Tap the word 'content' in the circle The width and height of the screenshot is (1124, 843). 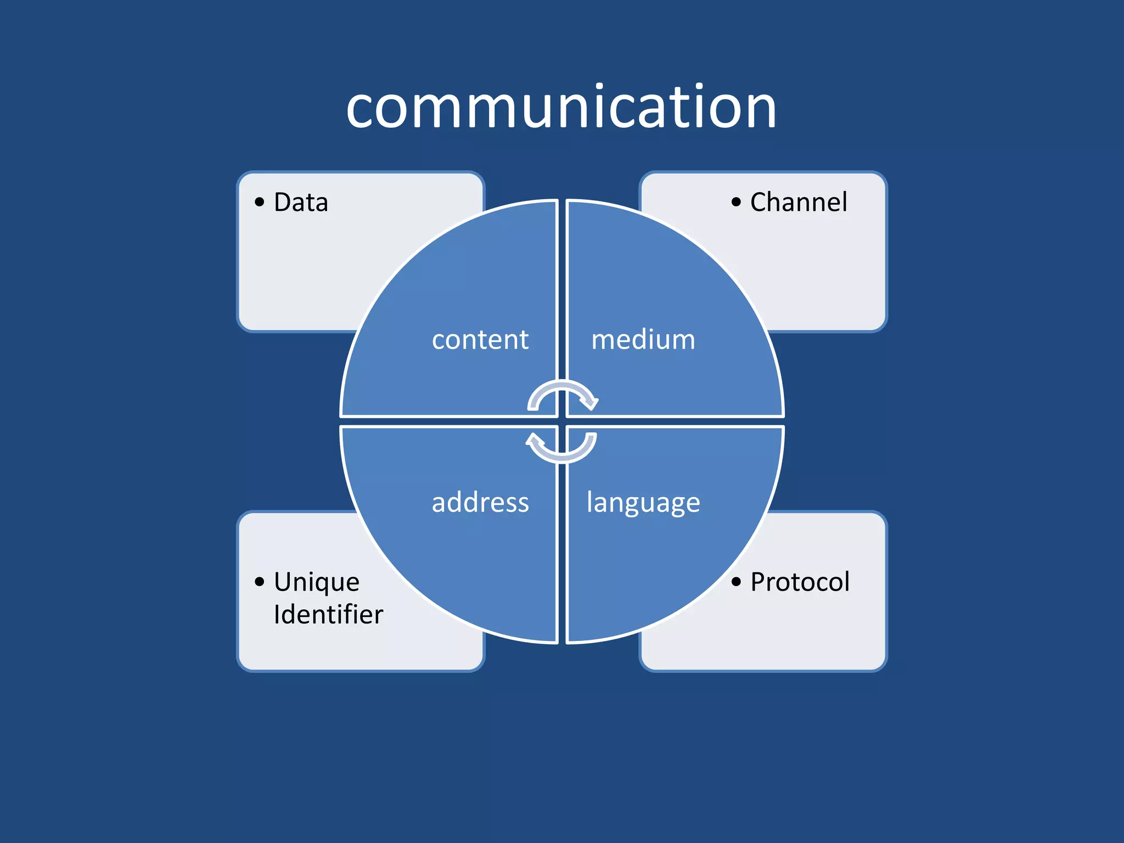tap(480, 340)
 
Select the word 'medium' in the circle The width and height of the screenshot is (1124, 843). tap(643, 340)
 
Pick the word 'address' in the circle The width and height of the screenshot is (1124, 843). tap(480, 502)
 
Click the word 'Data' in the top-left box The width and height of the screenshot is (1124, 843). tap(301, 202)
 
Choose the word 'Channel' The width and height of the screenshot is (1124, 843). tap(799, 202)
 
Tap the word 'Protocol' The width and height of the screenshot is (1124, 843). tap(800, 582)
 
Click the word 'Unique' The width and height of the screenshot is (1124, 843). tap(317, 583)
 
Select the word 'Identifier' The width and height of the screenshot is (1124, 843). tap(328, 614)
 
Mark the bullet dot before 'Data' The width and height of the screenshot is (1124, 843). tap(260, 202)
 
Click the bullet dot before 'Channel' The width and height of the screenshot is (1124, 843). tap(736, 202)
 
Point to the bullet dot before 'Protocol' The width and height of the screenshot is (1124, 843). tap(736, 582)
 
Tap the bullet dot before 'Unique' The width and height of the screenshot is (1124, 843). tap(260, 582)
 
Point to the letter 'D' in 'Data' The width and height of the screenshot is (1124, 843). tap(283, 202)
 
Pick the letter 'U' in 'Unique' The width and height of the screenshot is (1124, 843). tap(284, 582)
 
